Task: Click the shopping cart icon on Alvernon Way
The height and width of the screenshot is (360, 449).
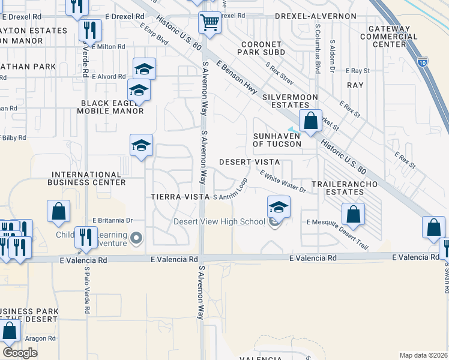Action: (x=209, y=23)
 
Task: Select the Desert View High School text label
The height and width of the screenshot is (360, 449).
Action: (x=219, y=221)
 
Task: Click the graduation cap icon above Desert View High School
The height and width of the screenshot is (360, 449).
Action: (x=279, y=208)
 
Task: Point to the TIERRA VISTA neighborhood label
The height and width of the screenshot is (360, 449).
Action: (x=179, y=197)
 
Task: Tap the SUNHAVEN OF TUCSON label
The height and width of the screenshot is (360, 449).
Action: (x=277, y=140)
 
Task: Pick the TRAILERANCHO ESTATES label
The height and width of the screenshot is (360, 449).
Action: (x=337, y=188)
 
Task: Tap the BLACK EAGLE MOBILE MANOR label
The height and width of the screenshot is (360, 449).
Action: (x=112, y=107)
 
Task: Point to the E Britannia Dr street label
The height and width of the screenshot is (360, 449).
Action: (x=112, y=220)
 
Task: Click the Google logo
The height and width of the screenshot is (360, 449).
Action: (x=20, y=352)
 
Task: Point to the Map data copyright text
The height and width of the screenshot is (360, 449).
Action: (x=423, y=355)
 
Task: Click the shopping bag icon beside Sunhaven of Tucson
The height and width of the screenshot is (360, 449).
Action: (x=310, y=121)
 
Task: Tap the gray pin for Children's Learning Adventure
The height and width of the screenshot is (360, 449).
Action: (x=137, y=239)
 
